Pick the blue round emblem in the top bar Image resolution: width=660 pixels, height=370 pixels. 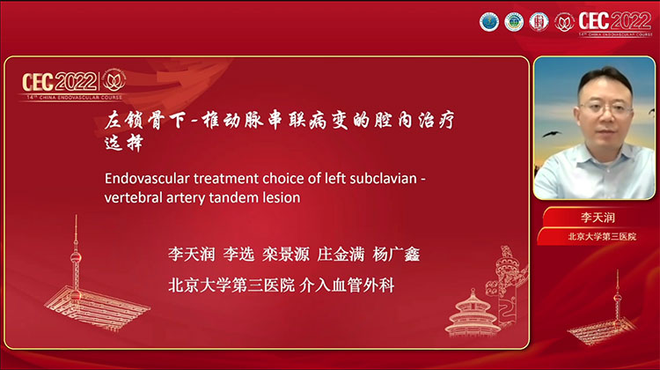click(488, 21)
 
